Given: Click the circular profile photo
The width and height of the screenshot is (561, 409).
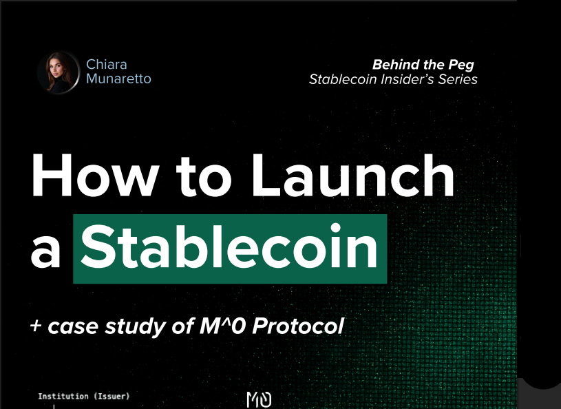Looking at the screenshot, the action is coord(59,72).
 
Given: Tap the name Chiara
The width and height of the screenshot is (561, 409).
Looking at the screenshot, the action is coord(107,65).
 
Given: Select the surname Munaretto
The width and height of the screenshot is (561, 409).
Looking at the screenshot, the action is coord(119,78).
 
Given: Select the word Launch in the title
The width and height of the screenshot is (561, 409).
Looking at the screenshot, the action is coord(353,176).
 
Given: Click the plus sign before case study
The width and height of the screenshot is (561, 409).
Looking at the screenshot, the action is coord(36,326).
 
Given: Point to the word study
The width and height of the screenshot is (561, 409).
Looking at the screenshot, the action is coord(136,327).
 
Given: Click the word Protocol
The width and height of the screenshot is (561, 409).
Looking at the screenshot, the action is coord(298,326).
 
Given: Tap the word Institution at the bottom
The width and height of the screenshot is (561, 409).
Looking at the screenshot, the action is coord(63,396).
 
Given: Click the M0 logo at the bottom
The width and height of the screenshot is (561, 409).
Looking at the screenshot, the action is coord(259,399).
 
